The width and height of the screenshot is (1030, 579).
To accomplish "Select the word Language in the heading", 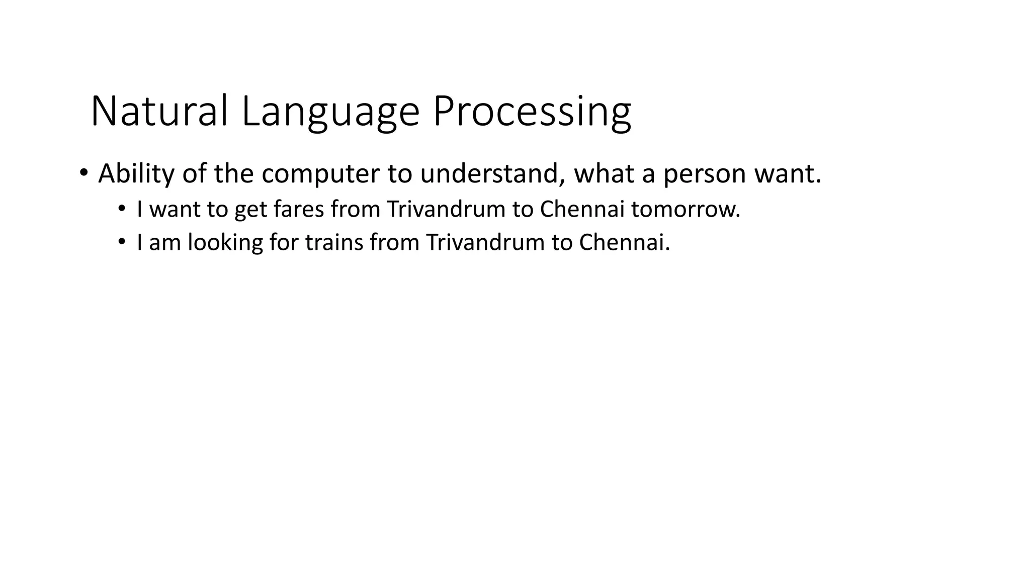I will [330, 112].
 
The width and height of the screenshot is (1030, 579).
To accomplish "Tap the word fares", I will [299, 209].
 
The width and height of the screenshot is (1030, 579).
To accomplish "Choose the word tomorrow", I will [685, 209].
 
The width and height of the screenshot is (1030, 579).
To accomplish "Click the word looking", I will [225, 242].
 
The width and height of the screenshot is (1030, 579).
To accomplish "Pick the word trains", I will [334, 242].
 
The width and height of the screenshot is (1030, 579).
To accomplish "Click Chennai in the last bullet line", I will [624, 242].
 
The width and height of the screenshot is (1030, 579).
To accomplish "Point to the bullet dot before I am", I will [121, 242].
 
